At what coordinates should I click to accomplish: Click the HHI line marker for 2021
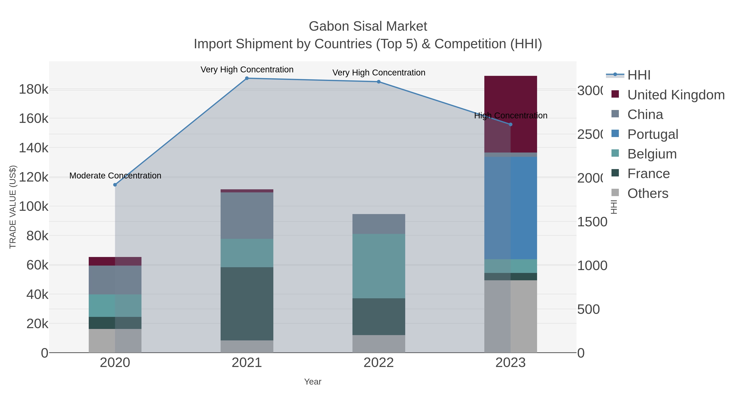pyautogui.click(x=247, y=78)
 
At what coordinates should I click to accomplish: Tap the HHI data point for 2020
pyautogui.click(x=115, y=185)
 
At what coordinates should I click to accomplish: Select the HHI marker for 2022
pyautogui.click(x=379, y=82)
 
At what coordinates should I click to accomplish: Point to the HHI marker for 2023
pyautogui.click(x=510, y=124)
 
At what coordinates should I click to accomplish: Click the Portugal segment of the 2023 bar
pyautogui.click(x=510, y=208)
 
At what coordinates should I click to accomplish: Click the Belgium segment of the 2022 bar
pyautogui.click(x=379, y=266)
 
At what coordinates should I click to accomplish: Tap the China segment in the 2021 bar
pyautogui.click(x=247, y=215)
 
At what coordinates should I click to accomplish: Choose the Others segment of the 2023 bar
pyautogui.click(x=510, y=316)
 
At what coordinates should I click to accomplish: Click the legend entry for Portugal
pyautogui.click(x=653, y=134)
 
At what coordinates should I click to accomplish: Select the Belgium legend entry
pyautogui.click(x=652, y=154)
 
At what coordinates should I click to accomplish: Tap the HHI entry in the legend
pyautogui.click(x=639, y=75)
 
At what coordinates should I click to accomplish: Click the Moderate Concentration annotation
pyautogui.click(x=115, y=175)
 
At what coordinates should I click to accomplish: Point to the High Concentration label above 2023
pyautogui.click(x=510, y=116)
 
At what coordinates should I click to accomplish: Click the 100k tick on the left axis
pyautogui.click(x=34, y=206)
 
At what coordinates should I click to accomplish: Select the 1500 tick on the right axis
pyautogui.click(x=592, y=222)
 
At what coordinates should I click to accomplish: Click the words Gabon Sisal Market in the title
pyautogui.click(x=368, y=26)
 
